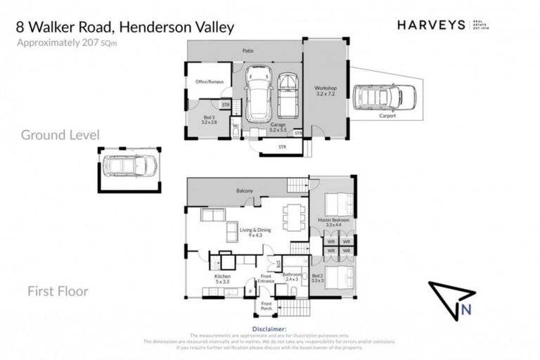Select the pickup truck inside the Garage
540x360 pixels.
(287, 95)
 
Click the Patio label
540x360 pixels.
(248, 51)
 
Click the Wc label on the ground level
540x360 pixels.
(236, 127)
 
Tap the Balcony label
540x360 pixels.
(245, 191)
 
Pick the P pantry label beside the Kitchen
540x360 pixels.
(250, 290)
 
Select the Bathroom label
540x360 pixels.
(292, 275)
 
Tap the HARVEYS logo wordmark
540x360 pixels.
(431, 25)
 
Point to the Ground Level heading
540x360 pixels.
(60, 134)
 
